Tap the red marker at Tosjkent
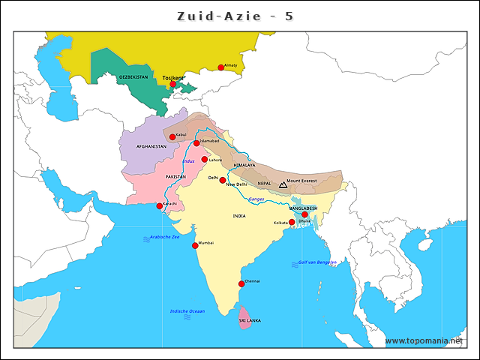click(x=172, y=84)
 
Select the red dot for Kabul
click(x=172, y=136)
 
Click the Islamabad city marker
click(x=196, y=143)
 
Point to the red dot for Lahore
click(x=204, y=159)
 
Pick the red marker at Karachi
click(x=159, y=205)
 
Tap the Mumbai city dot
click(x=195, y=245)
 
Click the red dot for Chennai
click(x=241, y=283)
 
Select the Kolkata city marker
click(x=292, y=222)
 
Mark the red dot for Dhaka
click(x=304, y=214)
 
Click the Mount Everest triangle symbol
click(x=283, y=183)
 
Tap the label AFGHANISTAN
click(x=151, y=146)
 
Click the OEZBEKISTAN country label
click(x=133, y=76)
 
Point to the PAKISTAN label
click(x=175, y=177)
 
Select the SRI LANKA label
click(x=250, y=320)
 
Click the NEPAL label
click(x=264, y=183)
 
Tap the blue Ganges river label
click(x=256, y=199)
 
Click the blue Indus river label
click(x=188, y=161)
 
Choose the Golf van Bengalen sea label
click(x=317, y=263)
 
